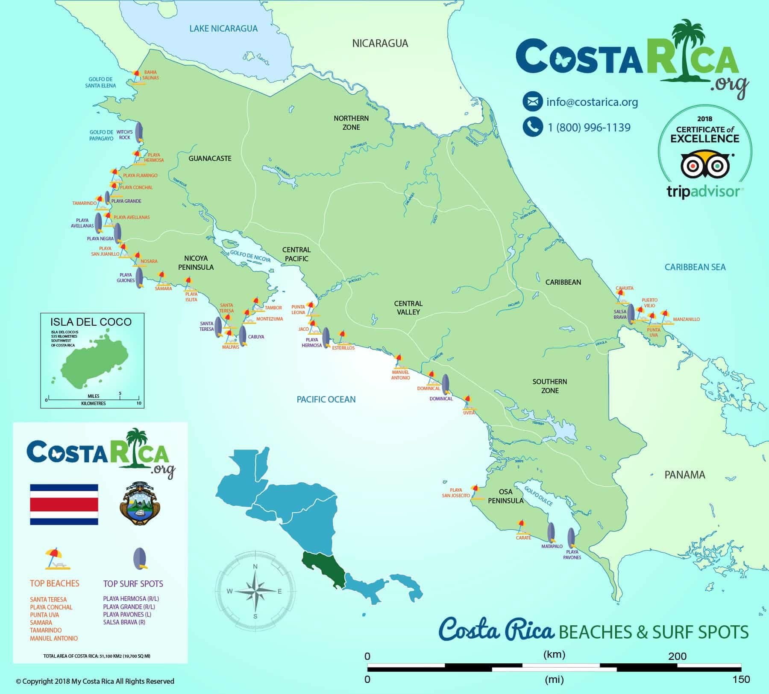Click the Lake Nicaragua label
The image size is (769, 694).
pos(223,29)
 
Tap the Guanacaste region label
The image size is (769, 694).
pos(210,158)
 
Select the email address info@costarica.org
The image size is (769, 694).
pos(592,102)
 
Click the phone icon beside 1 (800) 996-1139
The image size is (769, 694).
pos(532,127)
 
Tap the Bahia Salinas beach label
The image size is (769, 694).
pos(151,75)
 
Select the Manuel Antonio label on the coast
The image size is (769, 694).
pos(400,375)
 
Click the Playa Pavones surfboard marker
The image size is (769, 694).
pos(571,538)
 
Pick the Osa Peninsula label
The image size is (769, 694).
pos(505,496)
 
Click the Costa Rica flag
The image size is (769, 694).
pos(64,504)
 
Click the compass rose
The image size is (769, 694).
pos(255,591)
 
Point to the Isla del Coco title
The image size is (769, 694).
pos(91,322)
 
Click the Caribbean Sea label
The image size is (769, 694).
pos(695,267)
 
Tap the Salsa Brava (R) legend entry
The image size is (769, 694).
pos(124,622)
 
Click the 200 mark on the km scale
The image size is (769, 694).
pos(677,656)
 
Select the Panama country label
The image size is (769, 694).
pos(684,475)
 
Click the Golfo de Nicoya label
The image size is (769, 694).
pos(250,256)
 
